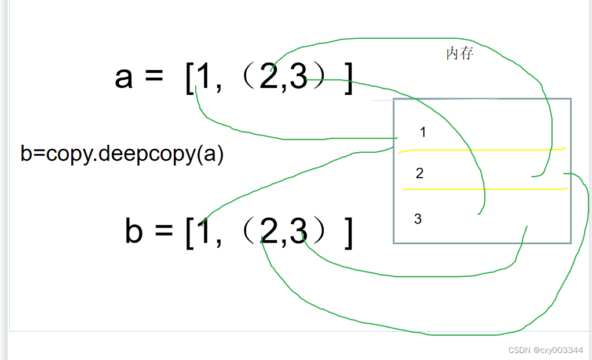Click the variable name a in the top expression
coord(124,78)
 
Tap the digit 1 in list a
coord(203,78)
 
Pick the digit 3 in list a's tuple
coord(298,78)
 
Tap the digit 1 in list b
coord(203,232)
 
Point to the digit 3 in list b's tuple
coord(297,232)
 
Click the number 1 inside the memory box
coord(423,133)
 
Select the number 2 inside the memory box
coord(420,174)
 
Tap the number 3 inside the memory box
coord(418,219)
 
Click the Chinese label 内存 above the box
coord(460,54)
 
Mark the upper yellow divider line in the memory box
coord(481,150)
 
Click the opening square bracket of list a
coord(189,79)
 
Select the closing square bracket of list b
coord(348,233)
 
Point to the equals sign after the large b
coord(163,232)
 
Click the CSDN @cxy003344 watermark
coord(545,350)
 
